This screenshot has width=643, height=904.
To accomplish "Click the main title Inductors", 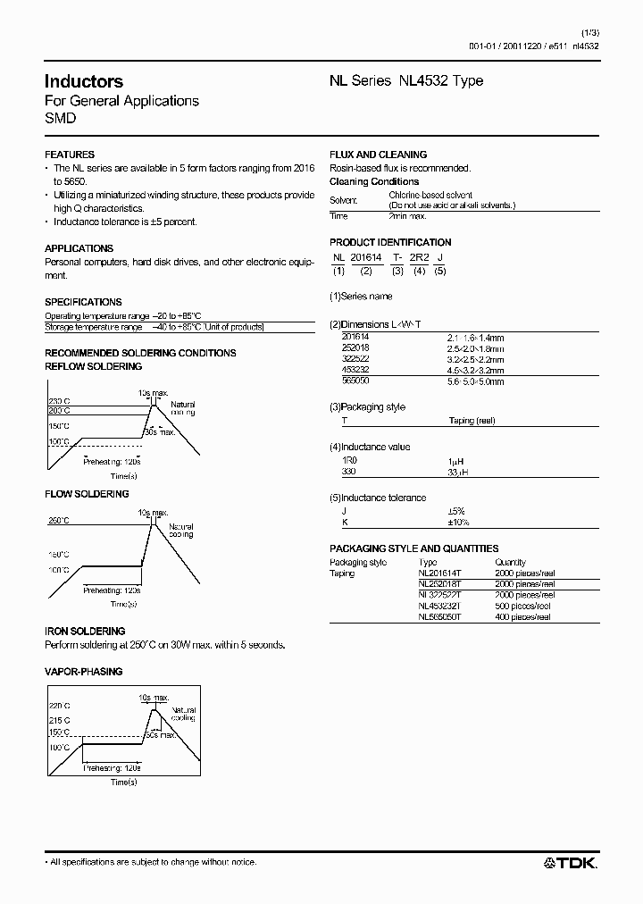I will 84,81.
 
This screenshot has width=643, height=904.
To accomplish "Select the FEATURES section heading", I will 70,155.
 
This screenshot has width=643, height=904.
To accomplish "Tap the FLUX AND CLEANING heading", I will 379,155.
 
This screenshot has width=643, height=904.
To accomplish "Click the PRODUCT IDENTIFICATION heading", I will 390,242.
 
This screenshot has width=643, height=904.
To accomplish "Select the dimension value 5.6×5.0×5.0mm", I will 475,381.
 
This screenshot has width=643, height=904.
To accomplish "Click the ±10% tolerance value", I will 458,522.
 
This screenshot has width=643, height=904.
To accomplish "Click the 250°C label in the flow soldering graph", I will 59,521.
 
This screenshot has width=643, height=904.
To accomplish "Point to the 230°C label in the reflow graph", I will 59,400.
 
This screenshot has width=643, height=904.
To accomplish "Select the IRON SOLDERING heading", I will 85,632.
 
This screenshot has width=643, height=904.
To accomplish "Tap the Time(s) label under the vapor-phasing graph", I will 123,783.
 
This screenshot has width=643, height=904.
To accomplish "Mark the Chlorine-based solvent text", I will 430,195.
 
